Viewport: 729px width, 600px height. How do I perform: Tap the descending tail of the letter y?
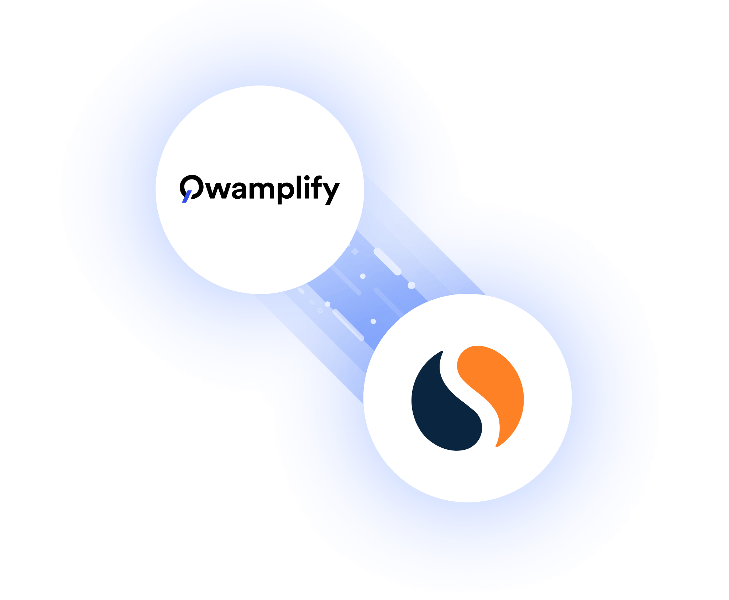[x=329, y=201]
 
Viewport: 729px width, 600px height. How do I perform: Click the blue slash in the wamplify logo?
[x=187, y=197]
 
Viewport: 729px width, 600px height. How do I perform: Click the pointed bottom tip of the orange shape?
[x=497, y=447]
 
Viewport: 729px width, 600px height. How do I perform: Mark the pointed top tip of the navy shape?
[x=442, y=351]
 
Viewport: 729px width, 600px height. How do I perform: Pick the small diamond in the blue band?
[x=355, y=252]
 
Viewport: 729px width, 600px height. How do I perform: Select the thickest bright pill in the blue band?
[x=387, y=261]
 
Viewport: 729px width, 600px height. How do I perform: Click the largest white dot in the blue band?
[x=411, y=285]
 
